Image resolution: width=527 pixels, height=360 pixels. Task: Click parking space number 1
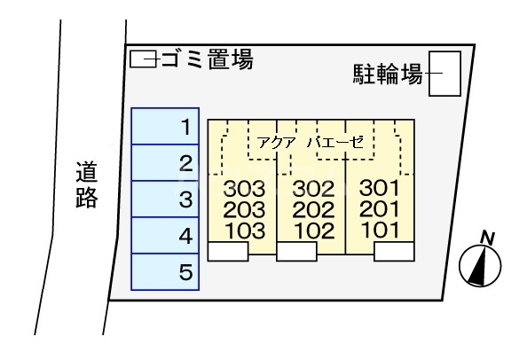167,127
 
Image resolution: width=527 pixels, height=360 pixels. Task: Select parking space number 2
167,163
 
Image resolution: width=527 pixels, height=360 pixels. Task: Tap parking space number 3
167,200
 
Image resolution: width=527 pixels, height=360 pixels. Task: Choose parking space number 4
167,236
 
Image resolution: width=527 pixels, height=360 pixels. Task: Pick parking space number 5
167,272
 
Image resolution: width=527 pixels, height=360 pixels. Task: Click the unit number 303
245,189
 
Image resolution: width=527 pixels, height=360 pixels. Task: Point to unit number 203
245,210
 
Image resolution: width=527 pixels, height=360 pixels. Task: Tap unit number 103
245,231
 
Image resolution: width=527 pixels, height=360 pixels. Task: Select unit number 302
312,189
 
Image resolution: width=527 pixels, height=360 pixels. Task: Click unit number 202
312,210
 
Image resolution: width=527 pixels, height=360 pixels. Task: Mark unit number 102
312,231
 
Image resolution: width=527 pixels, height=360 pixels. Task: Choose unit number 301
381,189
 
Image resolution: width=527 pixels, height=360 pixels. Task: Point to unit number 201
381,210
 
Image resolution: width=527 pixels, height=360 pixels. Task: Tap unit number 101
381,231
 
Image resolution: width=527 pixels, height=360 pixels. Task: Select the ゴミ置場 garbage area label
207,60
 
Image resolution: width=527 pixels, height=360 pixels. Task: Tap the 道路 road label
86,184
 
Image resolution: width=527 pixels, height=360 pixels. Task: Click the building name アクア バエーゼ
311,142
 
